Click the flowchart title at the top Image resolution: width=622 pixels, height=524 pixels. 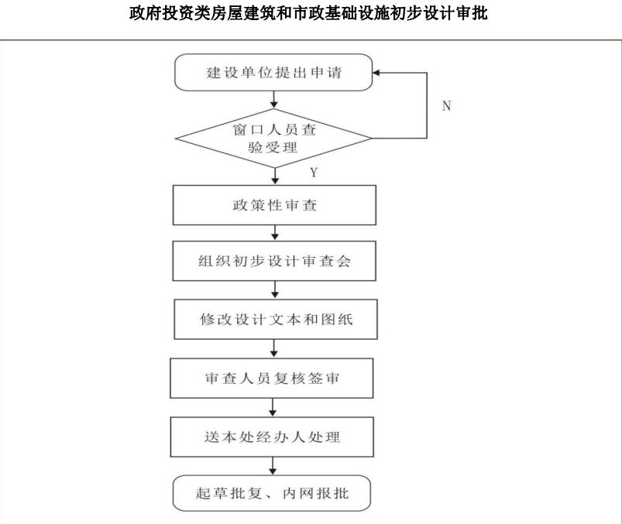[308, 13]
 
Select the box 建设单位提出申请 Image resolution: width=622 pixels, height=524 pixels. [273, 73]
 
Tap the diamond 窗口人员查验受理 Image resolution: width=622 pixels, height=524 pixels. [273, 139]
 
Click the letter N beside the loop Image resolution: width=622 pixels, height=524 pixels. [447, 106]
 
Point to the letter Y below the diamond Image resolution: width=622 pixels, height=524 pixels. [314, 173]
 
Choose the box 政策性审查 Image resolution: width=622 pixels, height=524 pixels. [274, 205]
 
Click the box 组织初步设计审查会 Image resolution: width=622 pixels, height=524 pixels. [274, 261]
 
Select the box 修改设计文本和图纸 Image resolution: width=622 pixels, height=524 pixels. [276, 319]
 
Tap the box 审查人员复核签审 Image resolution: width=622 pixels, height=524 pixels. [272, 378]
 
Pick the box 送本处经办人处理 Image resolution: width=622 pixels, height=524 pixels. [272, 437]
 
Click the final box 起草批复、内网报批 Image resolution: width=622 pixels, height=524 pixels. [272, 493]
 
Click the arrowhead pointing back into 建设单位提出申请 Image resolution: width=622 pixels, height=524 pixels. [376, 73]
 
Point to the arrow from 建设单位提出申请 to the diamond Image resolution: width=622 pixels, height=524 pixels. [273, 100]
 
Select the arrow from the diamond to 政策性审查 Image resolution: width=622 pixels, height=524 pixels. [275, 176]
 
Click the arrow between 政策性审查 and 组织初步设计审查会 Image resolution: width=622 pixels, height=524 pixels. [275, 233]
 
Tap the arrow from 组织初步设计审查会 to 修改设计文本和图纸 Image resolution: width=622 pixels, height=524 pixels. [275, 290]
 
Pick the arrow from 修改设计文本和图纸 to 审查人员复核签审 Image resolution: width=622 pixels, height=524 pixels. [273, 349]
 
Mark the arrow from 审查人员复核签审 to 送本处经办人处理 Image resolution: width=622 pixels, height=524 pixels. [272, 407]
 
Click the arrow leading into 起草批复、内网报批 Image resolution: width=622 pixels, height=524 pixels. [272, 466]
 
